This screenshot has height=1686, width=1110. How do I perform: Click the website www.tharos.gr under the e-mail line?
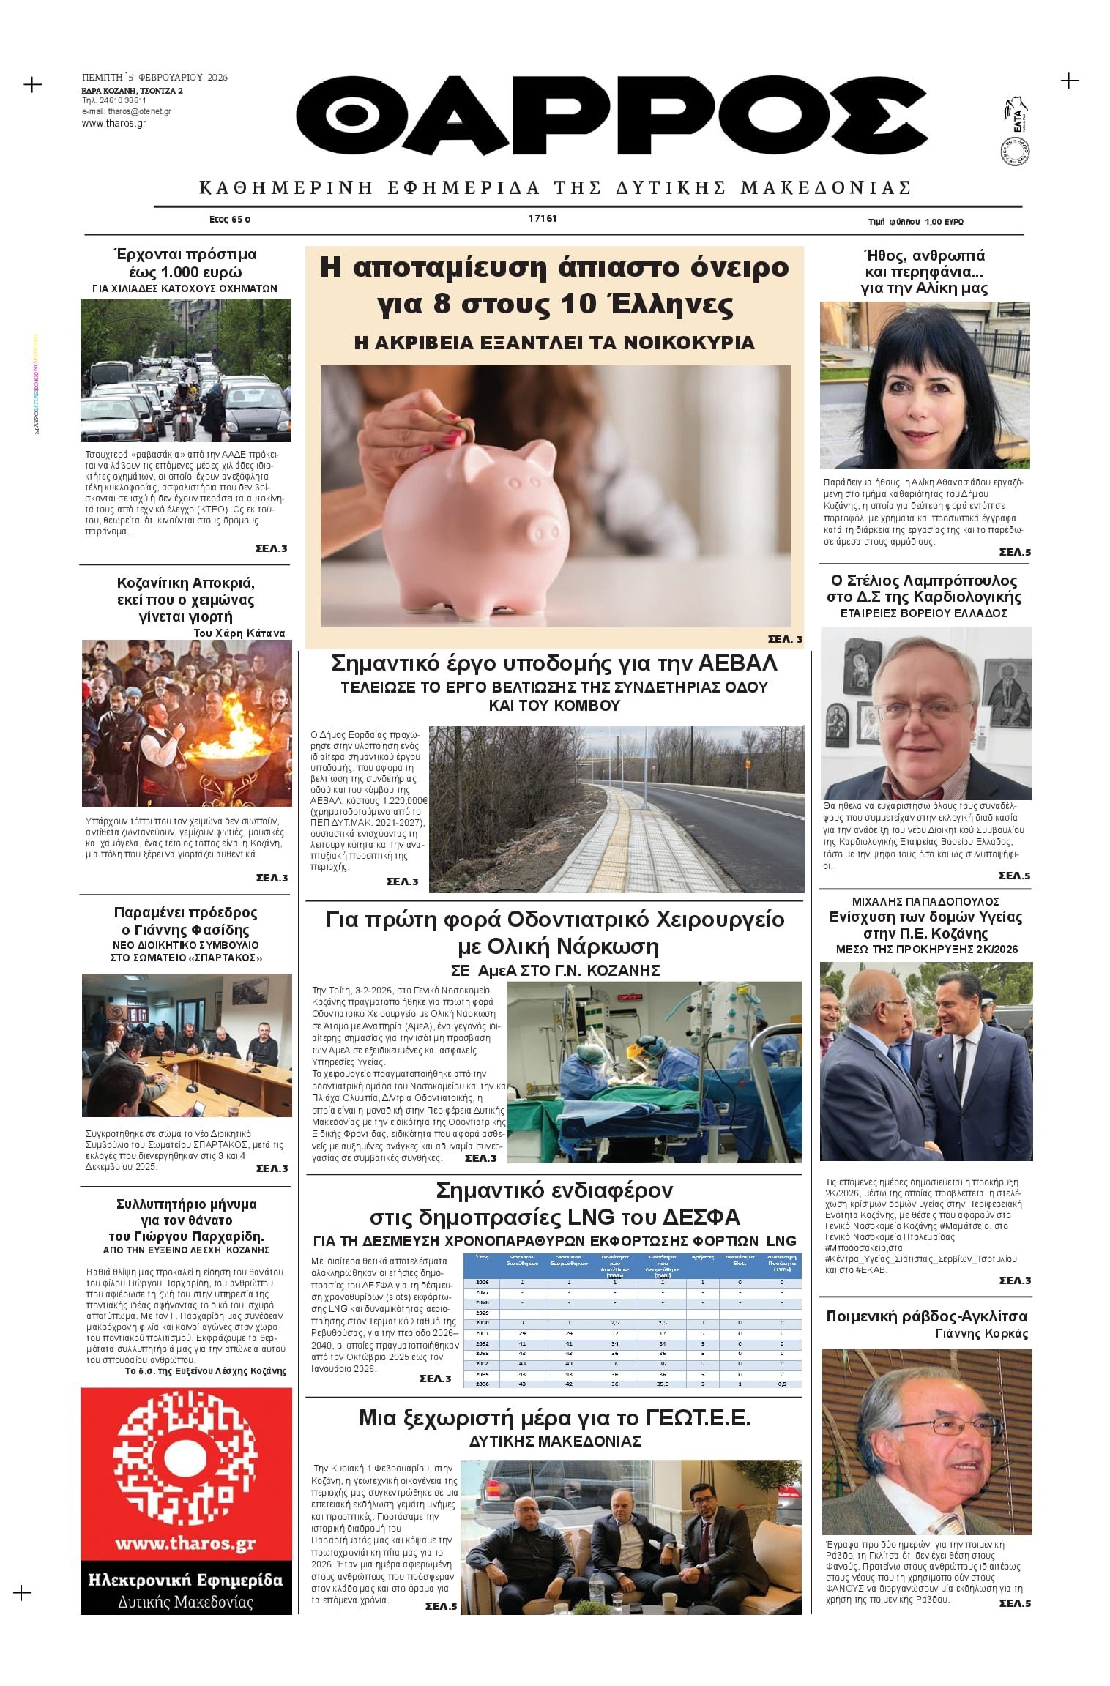(x=113, y=124)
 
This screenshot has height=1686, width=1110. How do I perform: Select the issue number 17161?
(x=543, y=219)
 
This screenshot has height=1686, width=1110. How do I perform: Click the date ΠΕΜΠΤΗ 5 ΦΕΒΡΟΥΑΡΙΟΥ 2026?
(x=154, y=77)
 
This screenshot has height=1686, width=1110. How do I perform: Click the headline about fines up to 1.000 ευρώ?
(x=185, y=263)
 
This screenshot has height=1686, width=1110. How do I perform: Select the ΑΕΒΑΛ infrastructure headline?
(x=554, y=663)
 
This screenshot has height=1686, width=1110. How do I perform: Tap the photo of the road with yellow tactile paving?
(x=616, y=809)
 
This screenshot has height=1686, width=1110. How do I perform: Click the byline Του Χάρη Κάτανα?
(x=239, y=633)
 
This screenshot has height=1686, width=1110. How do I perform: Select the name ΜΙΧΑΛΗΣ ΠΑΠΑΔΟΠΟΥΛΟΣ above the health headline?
(x=925, y=901)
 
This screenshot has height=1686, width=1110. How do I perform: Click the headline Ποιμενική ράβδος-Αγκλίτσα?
(x=926, y=1316)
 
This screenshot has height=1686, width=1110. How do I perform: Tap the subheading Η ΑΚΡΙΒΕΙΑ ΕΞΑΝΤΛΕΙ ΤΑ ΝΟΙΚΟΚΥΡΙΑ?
(x=554, y=343)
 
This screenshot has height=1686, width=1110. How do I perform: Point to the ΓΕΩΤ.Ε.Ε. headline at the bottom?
(x=554, y=1418)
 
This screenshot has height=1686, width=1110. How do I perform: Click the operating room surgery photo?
(x=655, y=1072)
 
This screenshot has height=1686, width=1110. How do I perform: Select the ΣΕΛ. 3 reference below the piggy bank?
(x=784, y=639)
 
